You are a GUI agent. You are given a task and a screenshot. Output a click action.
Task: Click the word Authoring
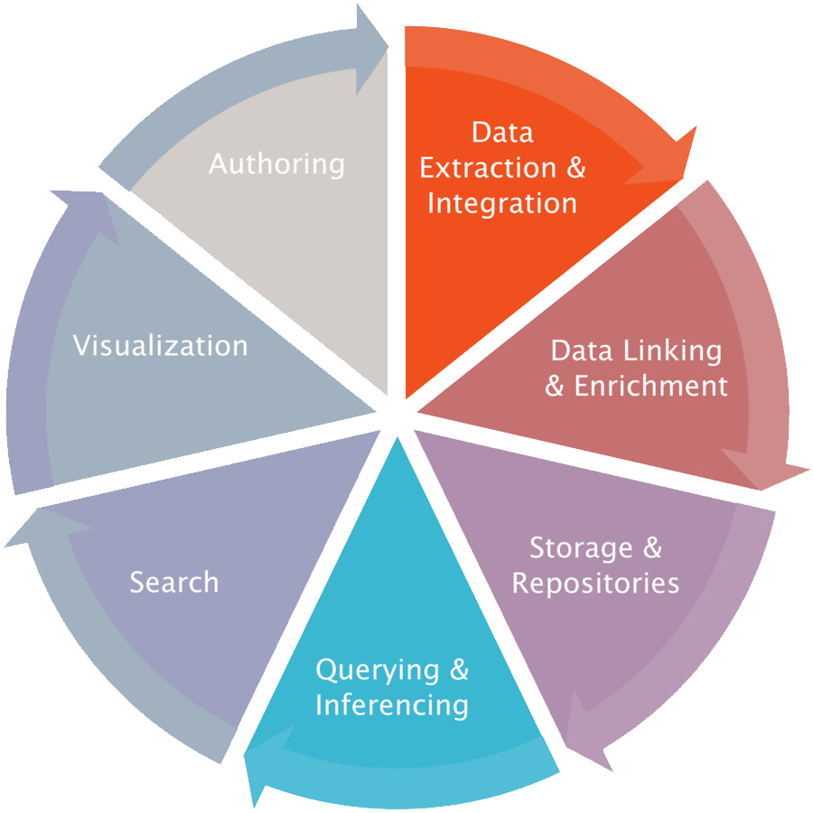276,165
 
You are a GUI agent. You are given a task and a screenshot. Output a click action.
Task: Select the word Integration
501,203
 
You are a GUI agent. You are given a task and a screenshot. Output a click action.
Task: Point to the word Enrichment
650,387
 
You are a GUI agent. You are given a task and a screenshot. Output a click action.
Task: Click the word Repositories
595,583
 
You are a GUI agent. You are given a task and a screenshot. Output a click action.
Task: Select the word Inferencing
391,705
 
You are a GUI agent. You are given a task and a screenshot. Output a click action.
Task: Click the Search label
174,582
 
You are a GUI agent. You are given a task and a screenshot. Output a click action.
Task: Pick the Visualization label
160,346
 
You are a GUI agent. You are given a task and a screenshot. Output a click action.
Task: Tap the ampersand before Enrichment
556,387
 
